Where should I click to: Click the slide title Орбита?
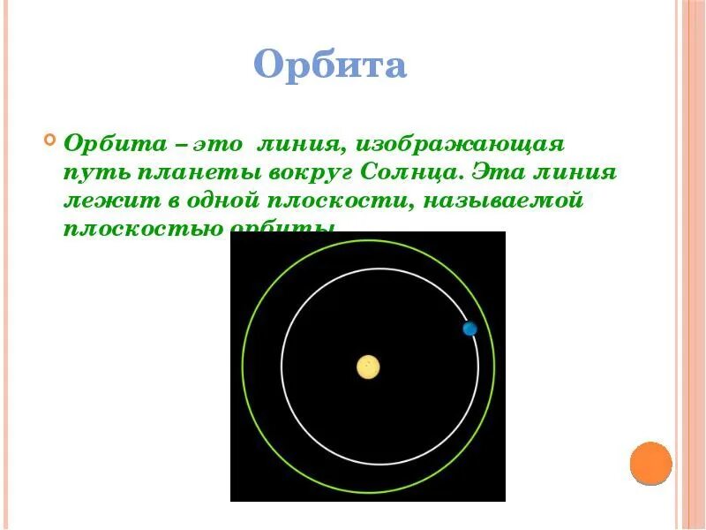330,66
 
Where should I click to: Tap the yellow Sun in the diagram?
368,367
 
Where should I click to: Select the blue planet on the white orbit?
469,329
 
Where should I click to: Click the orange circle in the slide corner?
651,463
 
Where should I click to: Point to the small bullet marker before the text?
49,139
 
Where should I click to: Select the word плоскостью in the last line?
142,228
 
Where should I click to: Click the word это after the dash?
216,142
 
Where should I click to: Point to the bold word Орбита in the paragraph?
109,142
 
